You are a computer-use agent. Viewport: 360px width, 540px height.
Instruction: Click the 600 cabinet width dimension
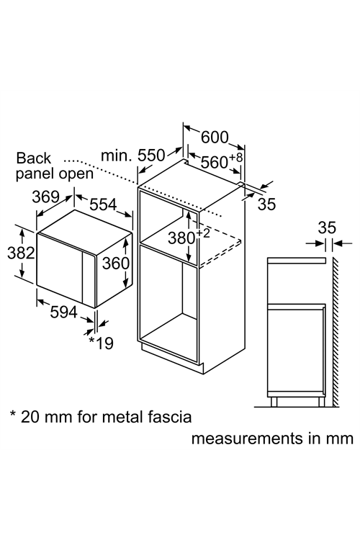[215, 138]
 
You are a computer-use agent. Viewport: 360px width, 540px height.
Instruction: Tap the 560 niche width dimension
[215, 162]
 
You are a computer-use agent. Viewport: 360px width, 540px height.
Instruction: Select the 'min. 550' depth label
[133, 156]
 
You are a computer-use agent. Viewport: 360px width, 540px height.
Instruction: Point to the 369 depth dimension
[46, 197]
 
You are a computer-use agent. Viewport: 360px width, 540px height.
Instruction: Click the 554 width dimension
[104, 204]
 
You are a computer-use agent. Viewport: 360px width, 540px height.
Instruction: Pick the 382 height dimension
[21, 253]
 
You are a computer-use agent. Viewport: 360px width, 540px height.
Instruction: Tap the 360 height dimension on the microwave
[116, 264]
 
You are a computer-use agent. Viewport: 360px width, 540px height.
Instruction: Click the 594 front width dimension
[64, 312]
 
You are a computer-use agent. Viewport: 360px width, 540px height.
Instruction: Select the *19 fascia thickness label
[102, 343]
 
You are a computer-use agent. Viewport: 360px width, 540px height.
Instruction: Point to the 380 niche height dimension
[181, 238]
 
